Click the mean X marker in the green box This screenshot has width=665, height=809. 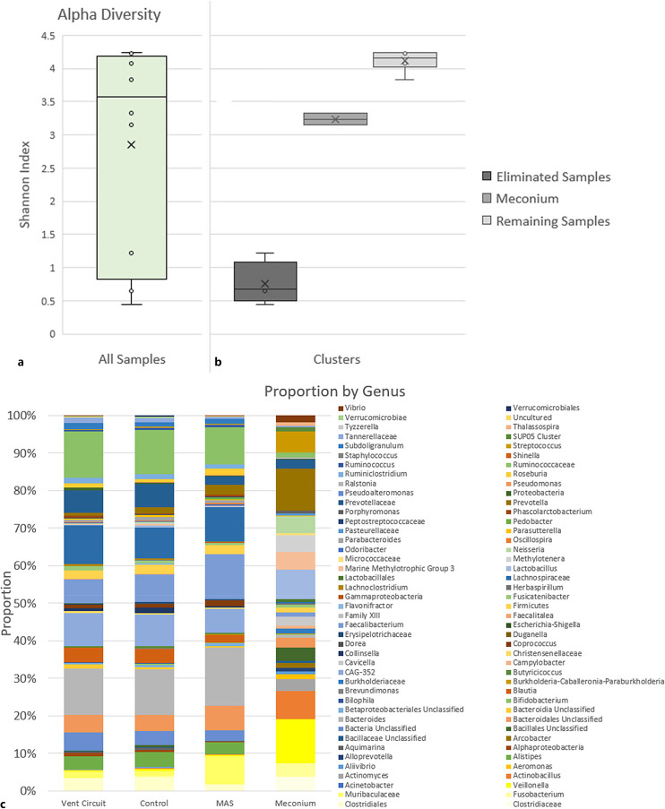pyautogui.click(x=131, y=144)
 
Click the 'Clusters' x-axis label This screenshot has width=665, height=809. pyautogui.click(x=336, y=359)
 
